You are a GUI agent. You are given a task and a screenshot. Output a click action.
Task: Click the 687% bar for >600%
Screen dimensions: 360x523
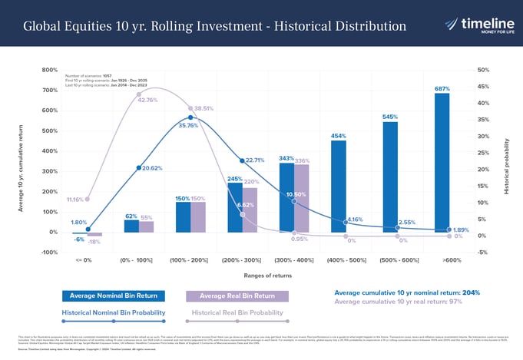click(x=441, y=163)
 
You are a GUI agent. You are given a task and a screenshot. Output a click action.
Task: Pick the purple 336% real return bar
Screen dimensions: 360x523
click(x=302, y=198)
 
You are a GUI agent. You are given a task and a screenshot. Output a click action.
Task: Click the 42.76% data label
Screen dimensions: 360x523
click(x=147, y=100)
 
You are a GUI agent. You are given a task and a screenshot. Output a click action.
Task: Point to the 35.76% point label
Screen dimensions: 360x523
click(x=188, y=125)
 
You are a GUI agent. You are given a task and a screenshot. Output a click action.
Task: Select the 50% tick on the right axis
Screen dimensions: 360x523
click(x=483, y=70)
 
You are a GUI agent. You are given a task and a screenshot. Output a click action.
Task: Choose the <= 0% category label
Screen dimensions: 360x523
click(x=85, y=260)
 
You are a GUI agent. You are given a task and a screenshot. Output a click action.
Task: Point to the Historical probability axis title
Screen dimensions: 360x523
click(x=507, y=166)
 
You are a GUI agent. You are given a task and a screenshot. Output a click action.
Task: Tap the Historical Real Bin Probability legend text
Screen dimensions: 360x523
click(x=237, y=313)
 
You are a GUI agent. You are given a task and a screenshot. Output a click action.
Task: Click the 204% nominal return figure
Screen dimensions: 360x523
click(x=472, y=292)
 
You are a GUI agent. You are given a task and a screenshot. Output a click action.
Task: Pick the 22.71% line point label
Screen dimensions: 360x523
click(x=255, y=160)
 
